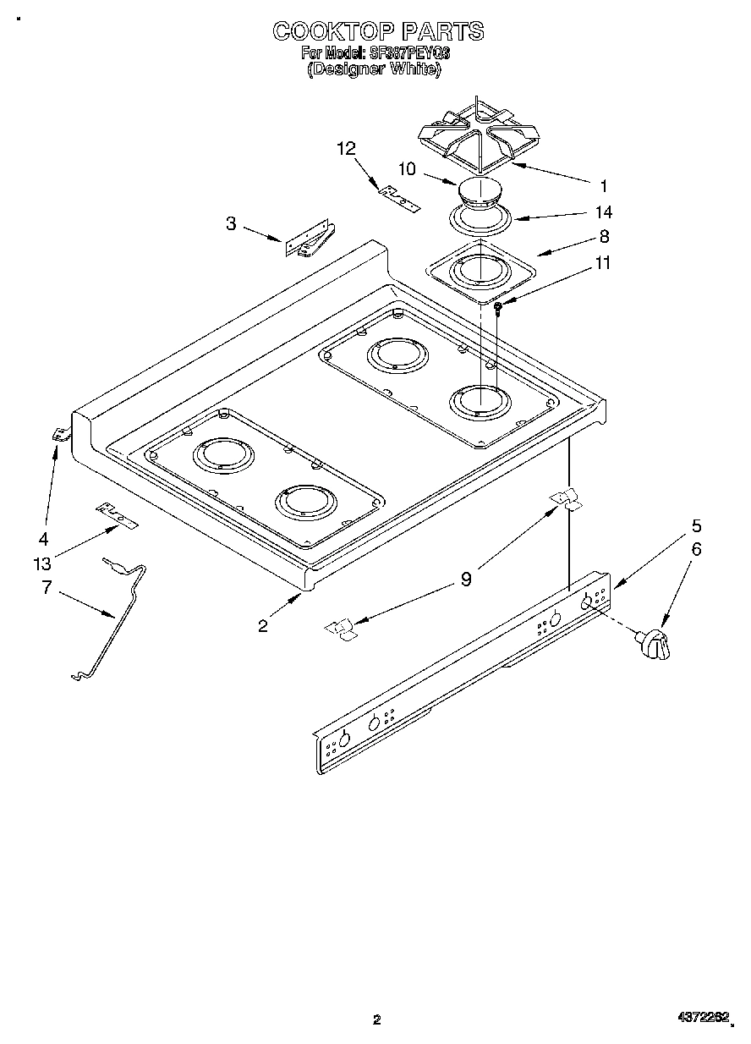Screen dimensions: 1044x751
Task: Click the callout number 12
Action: (x=346, y=149)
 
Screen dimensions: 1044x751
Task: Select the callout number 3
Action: (x=230, y=223)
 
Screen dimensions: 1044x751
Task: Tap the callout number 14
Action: (x=604, y=212)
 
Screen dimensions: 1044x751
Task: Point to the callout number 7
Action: (x=47, y=587)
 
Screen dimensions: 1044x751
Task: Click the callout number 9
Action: (x=465, y=580)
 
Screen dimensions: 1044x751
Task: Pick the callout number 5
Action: (x=696, y=525)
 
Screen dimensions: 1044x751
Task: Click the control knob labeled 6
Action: (x=656, y=646)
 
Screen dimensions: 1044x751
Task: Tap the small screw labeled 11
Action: (x=500, y=308)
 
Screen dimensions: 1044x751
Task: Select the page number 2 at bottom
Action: (x=377, y=1019)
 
